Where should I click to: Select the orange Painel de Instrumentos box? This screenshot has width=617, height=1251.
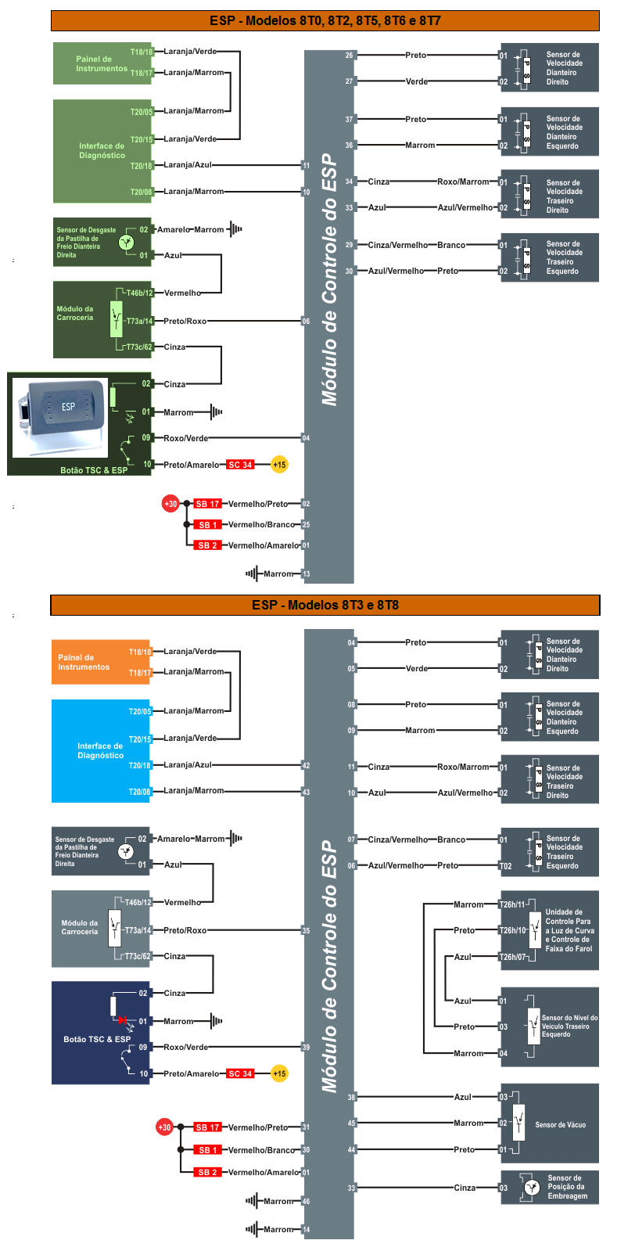(x=84, y=662)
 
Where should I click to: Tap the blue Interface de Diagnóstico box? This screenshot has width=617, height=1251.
(x=100, y=750)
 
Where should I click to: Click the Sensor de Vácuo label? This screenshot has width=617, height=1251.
(x=560, y=1124)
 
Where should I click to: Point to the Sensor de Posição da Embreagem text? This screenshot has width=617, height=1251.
(x=567, y=1187)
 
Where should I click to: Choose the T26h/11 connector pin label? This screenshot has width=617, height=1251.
(x=512, y=904)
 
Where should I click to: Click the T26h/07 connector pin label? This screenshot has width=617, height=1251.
(x=512, y=957)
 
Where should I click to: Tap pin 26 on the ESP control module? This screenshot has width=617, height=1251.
(x=349, y=56)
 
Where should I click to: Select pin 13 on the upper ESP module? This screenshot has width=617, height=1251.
(x=306, y=574)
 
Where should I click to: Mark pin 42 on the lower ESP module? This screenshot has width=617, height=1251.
(x=306, y=765)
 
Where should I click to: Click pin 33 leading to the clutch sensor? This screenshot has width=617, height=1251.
(x=351, y=1188)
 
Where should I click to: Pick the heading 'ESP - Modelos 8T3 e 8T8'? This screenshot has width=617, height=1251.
(x=325, y=605)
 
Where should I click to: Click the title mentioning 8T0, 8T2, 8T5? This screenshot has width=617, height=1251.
(x=325, y=20)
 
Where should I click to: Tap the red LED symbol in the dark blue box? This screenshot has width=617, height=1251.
(x=122, y=1020)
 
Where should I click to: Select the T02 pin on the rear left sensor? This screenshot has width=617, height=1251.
(x=506, y=866)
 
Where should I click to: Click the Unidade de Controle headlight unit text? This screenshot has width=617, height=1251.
(x=569, y=930)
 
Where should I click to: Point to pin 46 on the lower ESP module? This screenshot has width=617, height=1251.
(x=306, y=1201)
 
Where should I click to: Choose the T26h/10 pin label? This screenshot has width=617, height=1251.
(x=512, y=930)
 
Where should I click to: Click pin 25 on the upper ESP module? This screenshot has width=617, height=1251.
(x=306, y=525)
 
